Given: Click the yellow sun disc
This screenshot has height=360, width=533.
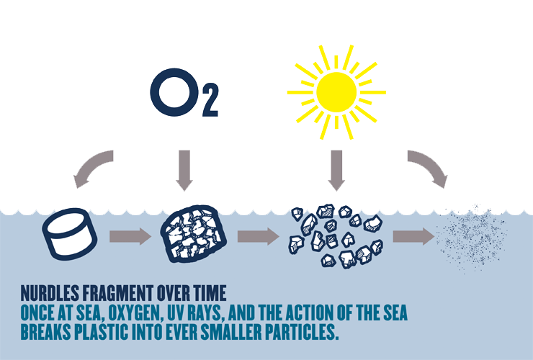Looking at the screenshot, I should click(336, 91).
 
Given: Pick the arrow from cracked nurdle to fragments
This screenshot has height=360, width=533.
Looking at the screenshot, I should click(258, 235).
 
